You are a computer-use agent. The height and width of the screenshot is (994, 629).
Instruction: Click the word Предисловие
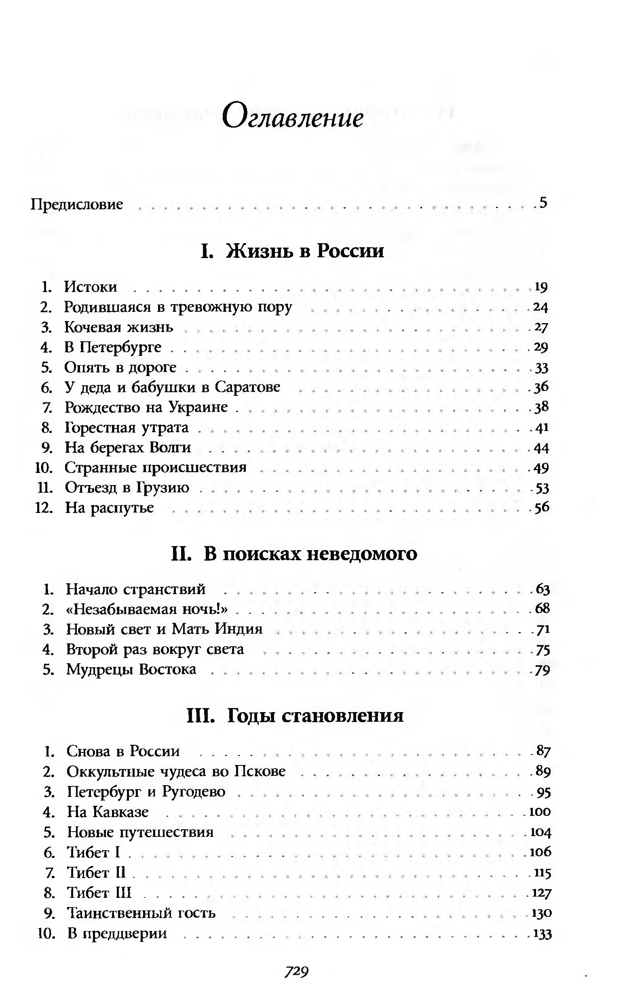tap(77, 204)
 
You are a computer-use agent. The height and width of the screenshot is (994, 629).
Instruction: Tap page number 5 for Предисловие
tap(543, 203)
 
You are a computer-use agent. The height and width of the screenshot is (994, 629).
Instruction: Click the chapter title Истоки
tap(91, 286)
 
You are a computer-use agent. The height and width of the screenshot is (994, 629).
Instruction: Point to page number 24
tap(540, 307)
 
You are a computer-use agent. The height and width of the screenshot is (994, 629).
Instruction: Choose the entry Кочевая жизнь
tap(118, 327)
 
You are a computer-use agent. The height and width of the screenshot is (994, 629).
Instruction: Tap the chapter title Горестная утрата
tap(127, 427)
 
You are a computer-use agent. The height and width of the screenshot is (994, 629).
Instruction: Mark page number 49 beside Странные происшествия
tap(541, 468)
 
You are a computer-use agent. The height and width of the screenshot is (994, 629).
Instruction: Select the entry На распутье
tap(110, 508)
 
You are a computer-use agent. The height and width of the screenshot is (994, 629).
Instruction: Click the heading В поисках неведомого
tap(294, 554)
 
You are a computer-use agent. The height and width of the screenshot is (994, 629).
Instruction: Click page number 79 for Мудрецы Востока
tap(542, 670)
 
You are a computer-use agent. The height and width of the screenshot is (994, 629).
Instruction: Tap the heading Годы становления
tap(295, 715)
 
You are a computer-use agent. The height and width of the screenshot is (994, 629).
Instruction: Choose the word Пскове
tap(260, 771)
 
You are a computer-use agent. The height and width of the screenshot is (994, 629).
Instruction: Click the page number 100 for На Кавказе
tap(540, 811)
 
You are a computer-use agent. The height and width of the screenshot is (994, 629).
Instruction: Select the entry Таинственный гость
tap(141, 912)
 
